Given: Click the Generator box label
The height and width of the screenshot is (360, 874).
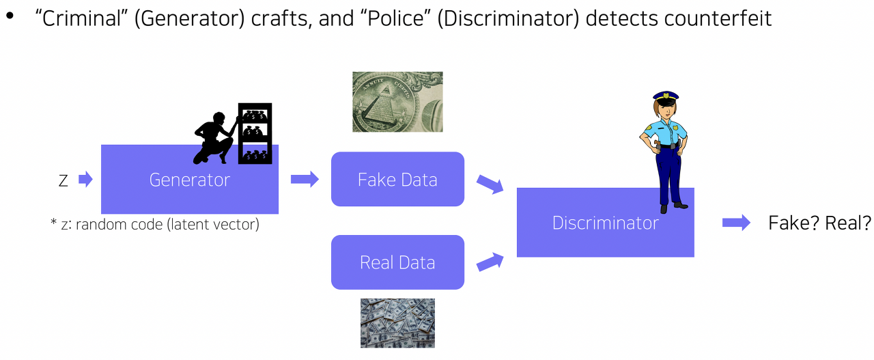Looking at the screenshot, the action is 190,180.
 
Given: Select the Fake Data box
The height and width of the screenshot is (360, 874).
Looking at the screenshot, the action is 397,180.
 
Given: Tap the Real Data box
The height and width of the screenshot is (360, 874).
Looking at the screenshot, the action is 397,262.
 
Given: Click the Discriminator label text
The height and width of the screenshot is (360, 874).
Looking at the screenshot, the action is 605,223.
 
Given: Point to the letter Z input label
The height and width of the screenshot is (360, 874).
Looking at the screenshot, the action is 64,180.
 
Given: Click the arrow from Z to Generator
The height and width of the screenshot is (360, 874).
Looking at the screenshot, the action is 85,180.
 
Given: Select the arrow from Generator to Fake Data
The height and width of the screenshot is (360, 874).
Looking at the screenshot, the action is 305,180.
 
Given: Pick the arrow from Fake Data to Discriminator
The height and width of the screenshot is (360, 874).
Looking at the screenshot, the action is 490,183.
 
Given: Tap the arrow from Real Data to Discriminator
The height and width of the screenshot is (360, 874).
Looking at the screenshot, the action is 490,262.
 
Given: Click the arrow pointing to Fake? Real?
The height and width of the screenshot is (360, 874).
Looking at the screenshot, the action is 736,223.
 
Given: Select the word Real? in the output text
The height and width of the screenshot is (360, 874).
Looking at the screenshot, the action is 848,223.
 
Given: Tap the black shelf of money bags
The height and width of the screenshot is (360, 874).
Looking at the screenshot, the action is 255,133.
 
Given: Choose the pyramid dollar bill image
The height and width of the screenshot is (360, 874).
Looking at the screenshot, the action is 397,102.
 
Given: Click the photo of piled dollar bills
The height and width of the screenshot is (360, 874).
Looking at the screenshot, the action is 397,322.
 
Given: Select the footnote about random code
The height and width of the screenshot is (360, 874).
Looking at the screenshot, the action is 155,224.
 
